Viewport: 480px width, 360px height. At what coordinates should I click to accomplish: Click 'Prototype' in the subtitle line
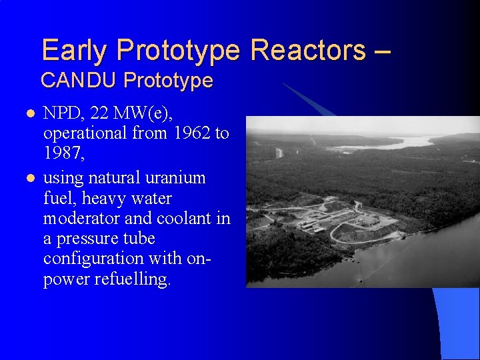pos(168,81)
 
